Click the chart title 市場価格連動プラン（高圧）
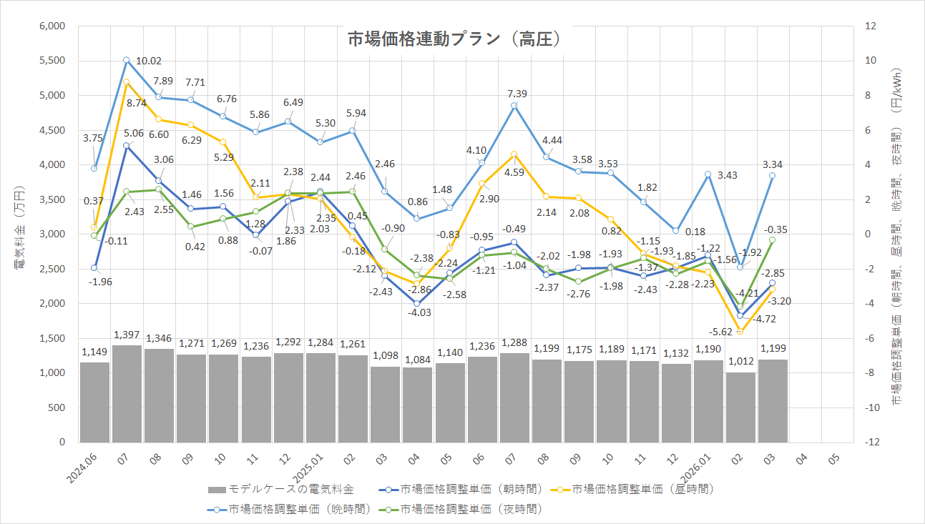point(452,39)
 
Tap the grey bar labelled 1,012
point(740,407)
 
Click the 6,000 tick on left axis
point(52,26)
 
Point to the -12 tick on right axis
point(871,443)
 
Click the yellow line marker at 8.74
point(127,82)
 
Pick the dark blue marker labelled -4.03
point(417,304)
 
